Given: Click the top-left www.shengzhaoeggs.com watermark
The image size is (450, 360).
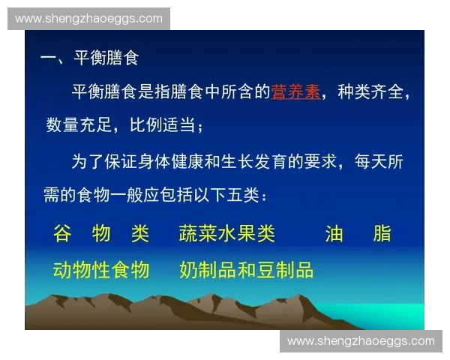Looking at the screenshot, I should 89,18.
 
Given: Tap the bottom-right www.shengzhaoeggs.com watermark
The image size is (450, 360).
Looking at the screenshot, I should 361,341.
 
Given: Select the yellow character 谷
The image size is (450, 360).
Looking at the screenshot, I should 62,234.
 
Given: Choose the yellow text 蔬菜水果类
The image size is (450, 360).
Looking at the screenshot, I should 227,234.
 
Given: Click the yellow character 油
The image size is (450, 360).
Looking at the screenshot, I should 334,234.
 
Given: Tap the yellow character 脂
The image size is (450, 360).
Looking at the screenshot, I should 382,234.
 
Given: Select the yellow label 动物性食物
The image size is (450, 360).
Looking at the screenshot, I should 101,270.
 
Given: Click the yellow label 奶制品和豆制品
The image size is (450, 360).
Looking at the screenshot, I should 246,270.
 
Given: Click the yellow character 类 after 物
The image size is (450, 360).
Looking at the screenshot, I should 140,234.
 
